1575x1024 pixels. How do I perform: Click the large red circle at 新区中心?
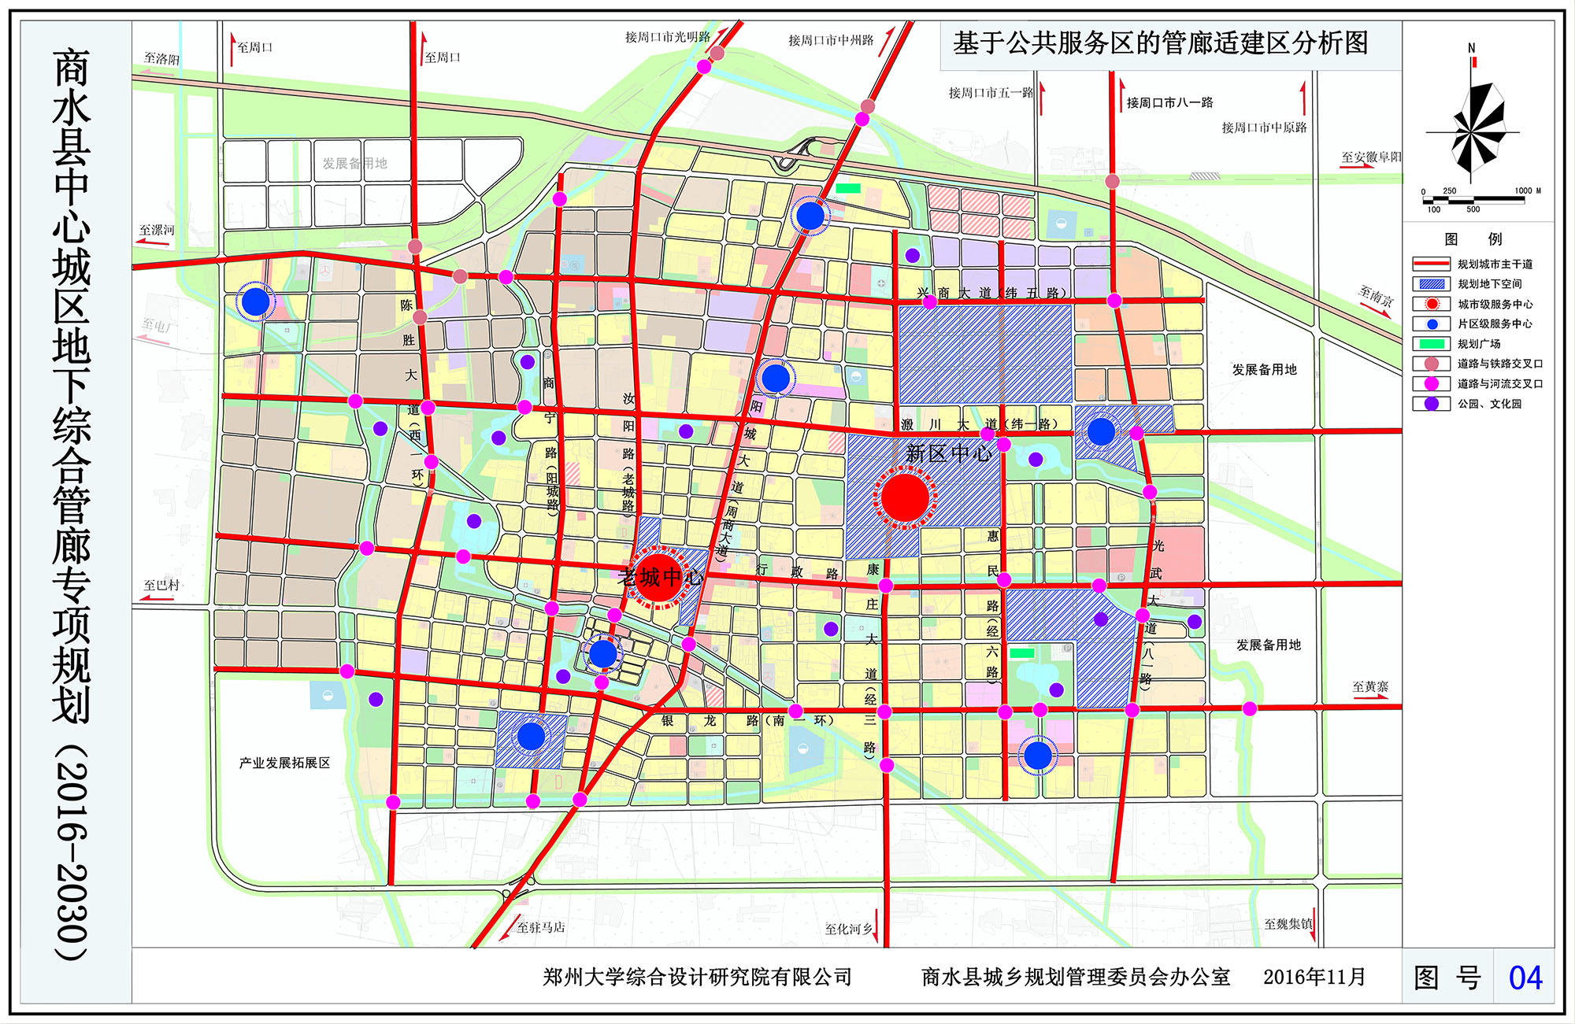click(x=905, y=497)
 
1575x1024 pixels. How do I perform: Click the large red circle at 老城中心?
click(x=658, y=578)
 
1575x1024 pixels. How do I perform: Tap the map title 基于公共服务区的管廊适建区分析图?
click(x=1160, y=43)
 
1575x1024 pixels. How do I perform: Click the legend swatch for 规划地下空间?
click(x=1431, y=284)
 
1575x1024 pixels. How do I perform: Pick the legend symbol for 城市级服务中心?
click(x=1432, y=304)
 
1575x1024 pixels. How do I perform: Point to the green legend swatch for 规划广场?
click(x=1431, y=344)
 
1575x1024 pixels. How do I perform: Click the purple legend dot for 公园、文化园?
click(x=1432, y=404)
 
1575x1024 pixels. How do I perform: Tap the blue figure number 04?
click(x=1525, y=978)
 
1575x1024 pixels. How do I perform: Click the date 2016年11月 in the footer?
click(x=1314, y=978)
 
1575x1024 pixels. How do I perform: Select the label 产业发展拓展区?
click(x=284, y=763)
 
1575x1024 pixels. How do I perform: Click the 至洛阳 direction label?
click(x=161, y=59)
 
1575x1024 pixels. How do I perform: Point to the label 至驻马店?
click(x=540, y=927)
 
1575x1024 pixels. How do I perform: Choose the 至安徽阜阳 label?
click(x=1371, y=157)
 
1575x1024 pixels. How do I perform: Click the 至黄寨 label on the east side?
click(x=1370, y=687)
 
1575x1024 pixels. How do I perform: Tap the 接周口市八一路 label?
click(x=1169, y=103)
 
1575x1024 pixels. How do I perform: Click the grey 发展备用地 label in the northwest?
click(x=354, y=164)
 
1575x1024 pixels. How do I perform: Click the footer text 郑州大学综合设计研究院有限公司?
click(x=697, y=978)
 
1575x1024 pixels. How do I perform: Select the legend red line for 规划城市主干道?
click(x=1431, y=264)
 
